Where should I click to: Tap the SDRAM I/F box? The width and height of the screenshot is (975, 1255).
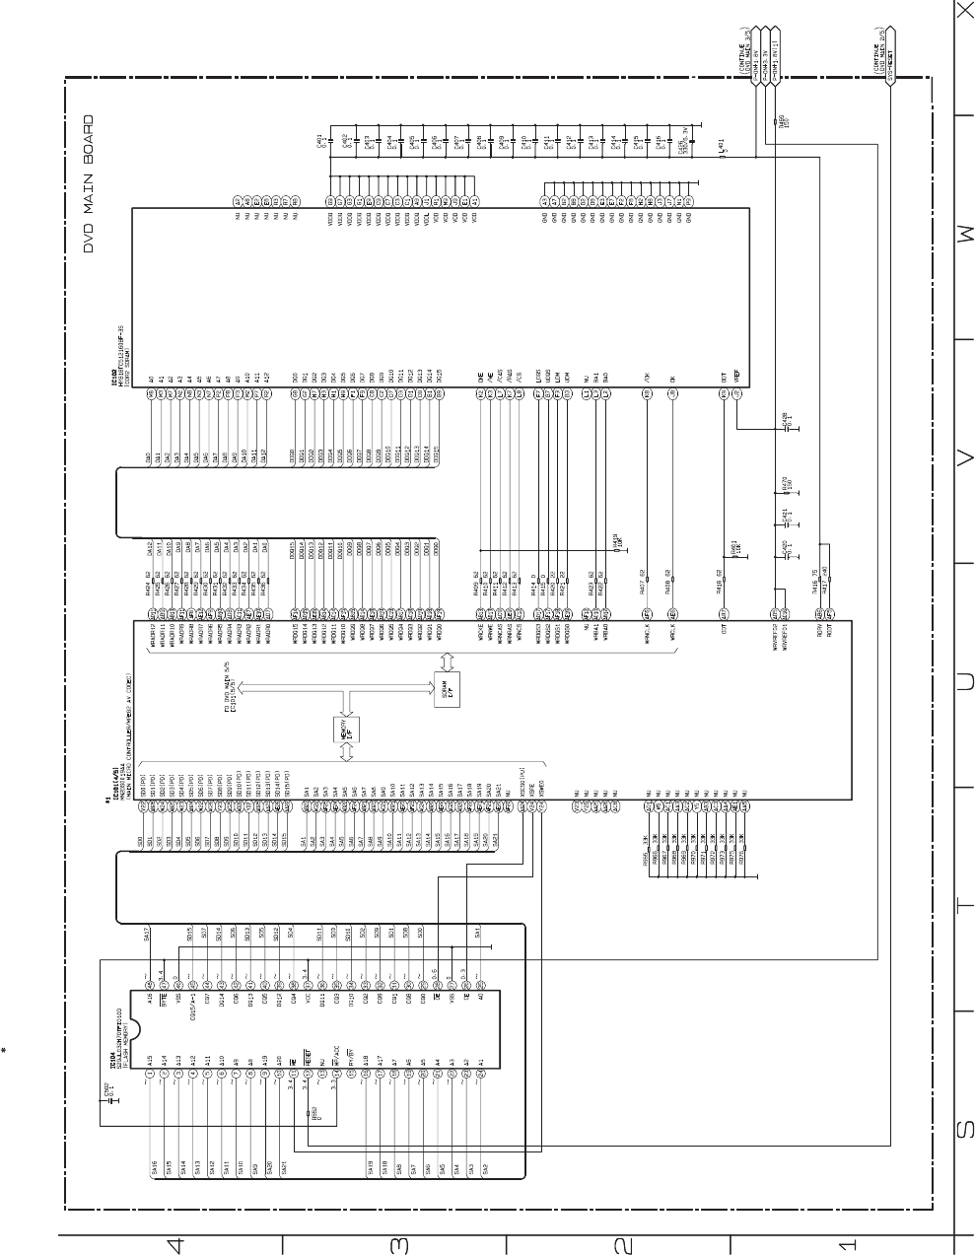(x=445, y=687)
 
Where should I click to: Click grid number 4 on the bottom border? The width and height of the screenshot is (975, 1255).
(x=174, y=1245)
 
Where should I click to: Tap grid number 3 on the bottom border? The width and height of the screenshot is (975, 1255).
(x=398, y=1245)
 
